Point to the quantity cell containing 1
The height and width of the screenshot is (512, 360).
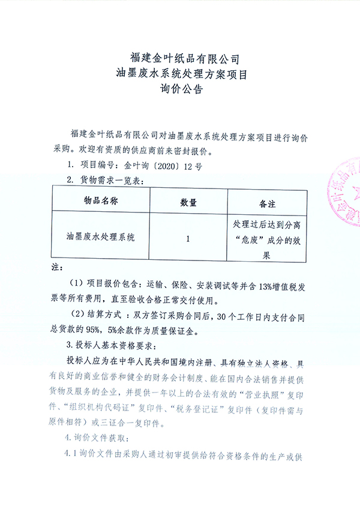188,238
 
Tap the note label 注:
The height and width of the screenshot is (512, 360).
57,266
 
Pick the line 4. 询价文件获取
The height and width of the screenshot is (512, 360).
99,436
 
